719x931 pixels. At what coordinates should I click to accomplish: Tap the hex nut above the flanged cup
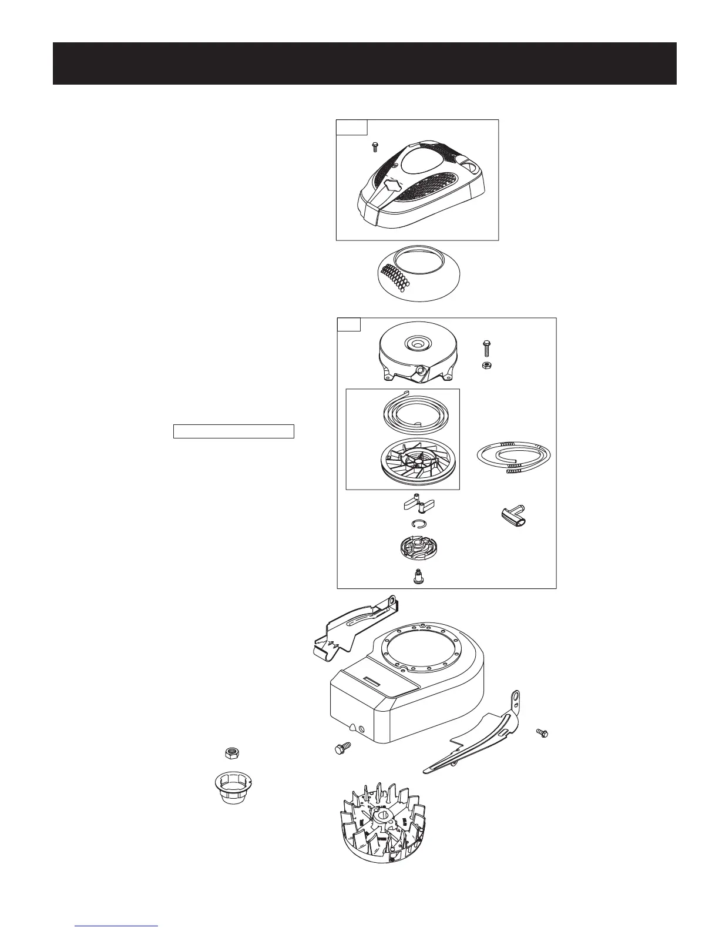(233, 753)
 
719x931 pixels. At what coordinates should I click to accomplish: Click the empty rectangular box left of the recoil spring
(233, 431)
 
